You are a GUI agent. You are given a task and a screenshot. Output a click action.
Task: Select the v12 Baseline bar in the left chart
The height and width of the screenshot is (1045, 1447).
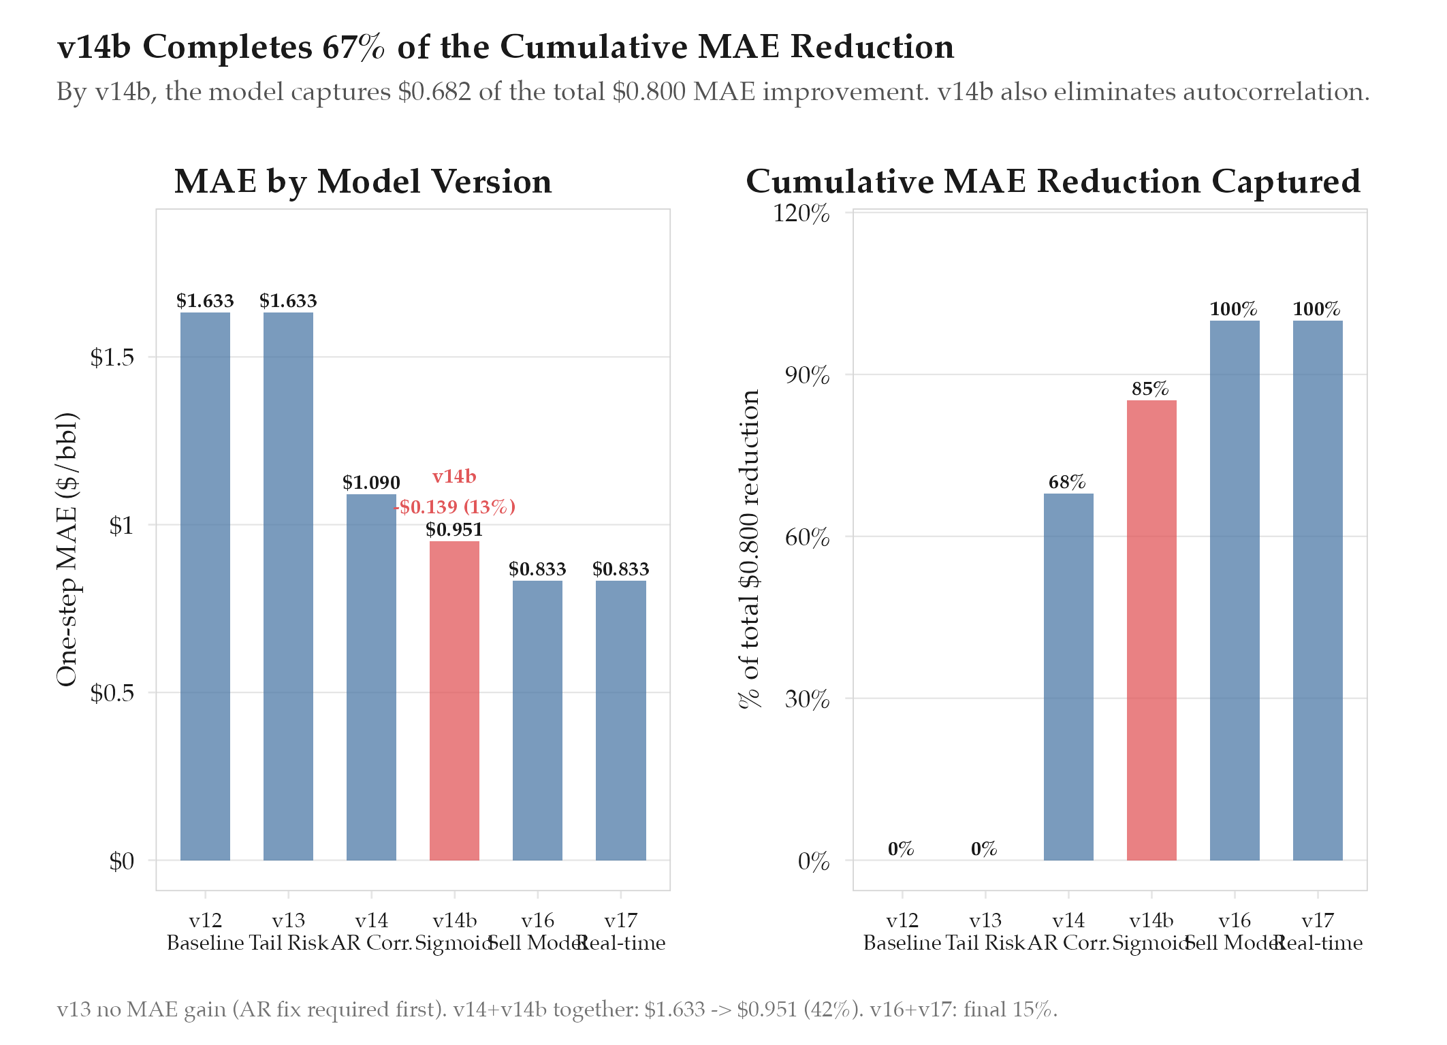[205, 585]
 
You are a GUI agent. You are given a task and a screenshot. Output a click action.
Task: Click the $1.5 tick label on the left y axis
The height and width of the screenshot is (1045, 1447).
[112, 357]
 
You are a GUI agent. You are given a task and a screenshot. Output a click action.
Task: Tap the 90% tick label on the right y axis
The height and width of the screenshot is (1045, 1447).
[807, 375]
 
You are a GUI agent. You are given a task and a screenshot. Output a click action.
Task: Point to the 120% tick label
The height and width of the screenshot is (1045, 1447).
[801, 213]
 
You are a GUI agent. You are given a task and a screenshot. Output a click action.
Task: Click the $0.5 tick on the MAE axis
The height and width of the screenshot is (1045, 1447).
[112, 693]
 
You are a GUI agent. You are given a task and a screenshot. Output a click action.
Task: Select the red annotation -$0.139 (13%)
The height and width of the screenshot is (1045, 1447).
[455, 507]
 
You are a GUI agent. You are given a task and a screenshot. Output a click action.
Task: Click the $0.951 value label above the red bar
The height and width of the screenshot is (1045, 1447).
[454, 530]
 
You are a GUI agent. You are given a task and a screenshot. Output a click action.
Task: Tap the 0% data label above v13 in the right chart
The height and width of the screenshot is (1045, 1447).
[984, 849]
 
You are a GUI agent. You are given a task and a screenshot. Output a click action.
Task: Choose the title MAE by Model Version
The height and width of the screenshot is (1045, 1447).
[363, 182]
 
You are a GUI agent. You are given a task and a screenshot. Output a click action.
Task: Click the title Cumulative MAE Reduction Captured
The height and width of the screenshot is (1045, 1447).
[1053, 182]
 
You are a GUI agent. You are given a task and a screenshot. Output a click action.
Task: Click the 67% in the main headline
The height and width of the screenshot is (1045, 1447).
[353, 47]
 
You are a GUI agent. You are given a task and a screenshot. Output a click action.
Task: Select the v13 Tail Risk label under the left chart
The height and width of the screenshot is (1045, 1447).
[288, 931]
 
